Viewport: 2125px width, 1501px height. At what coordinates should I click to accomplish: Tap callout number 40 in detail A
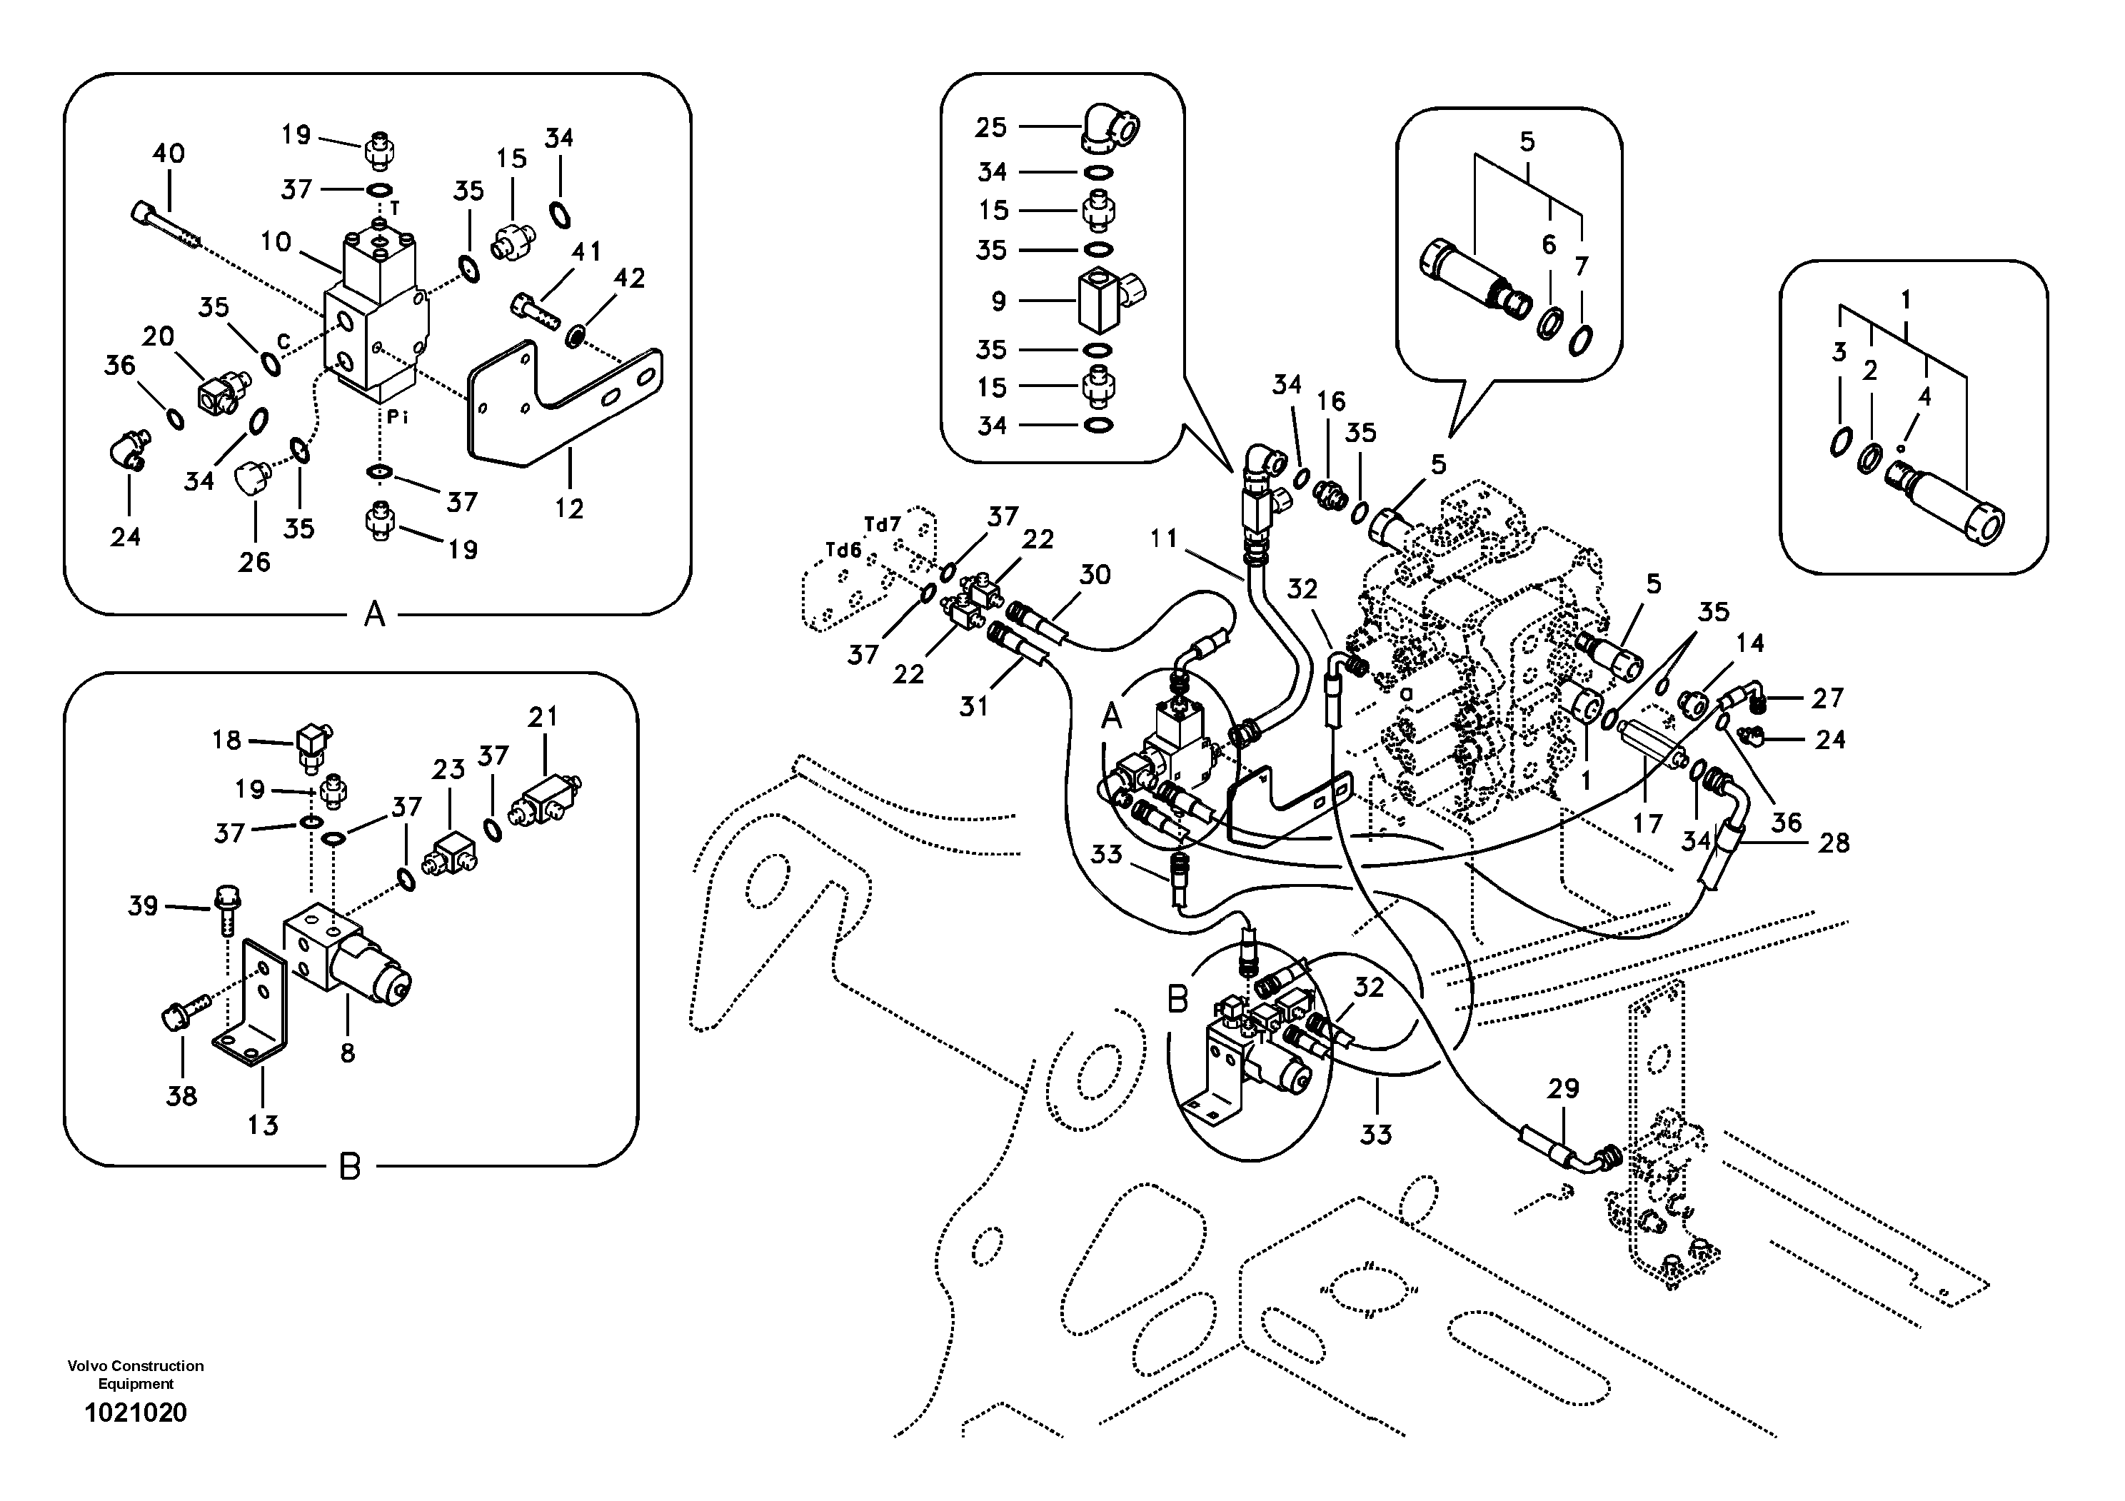pos(169,153)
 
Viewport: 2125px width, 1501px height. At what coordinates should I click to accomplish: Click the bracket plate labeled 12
pos(565,407)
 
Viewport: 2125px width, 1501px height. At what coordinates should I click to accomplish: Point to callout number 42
pos(629,278)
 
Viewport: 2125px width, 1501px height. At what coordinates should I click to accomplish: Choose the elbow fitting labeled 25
pos(1110,127)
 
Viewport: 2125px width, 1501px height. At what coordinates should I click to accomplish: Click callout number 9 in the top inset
pos(998,301)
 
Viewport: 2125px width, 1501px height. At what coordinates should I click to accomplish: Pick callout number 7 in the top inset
pos(1581,266)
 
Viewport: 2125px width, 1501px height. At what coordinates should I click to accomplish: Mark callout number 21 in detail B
pos(543,716)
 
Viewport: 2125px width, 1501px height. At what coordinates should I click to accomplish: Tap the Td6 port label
pos(843,551)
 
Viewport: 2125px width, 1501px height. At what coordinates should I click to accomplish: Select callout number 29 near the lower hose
pos(1563,1088)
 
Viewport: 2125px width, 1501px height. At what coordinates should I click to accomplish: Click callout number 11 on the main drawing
pos(1163,538)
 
